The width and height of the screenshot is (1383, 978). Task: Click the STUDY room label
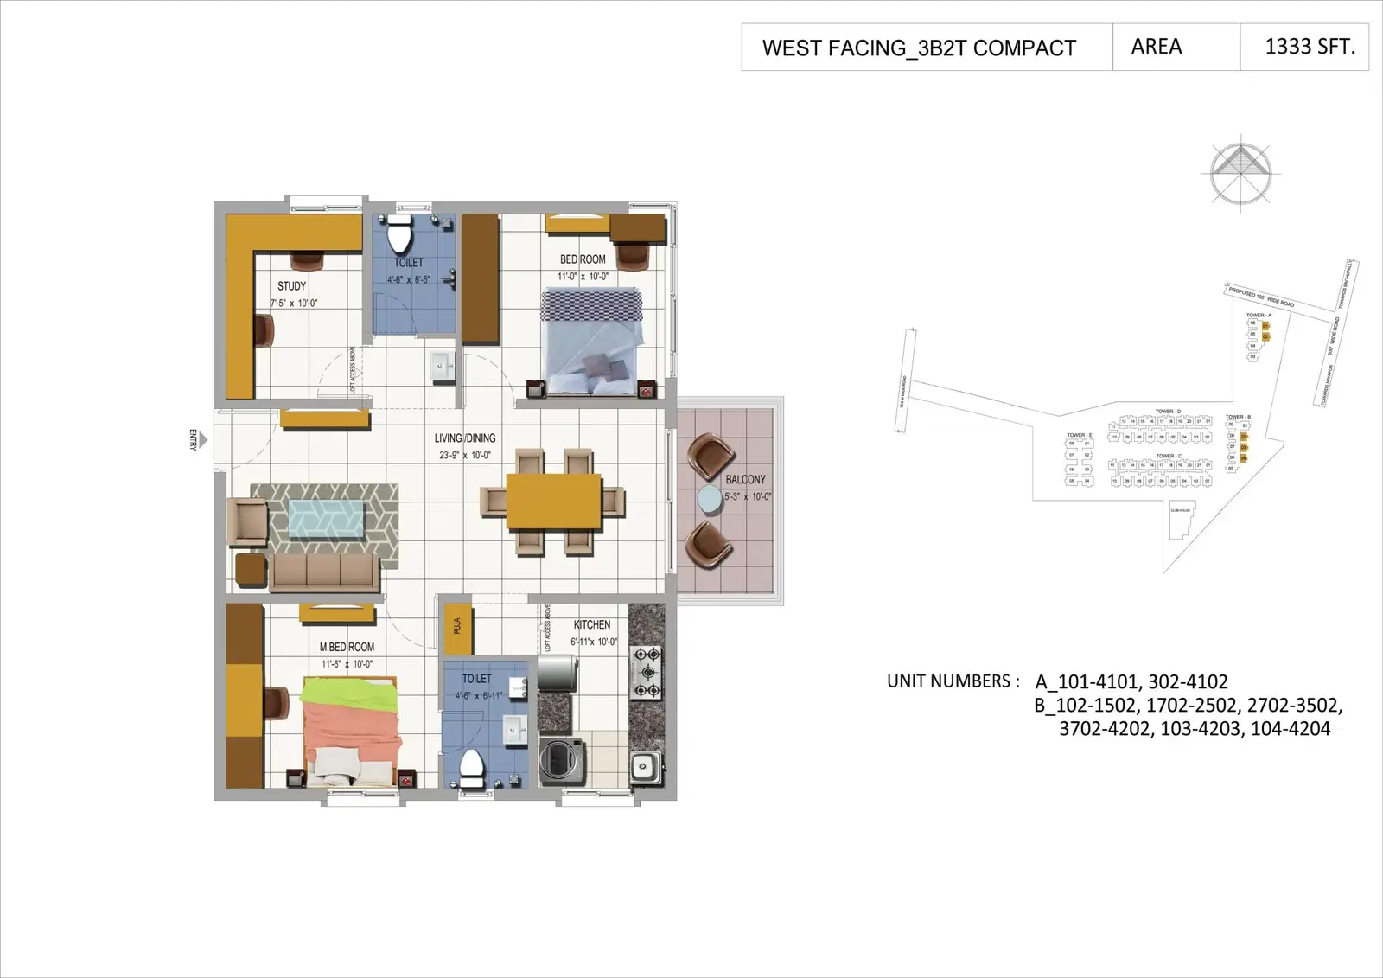(x=291, y=285)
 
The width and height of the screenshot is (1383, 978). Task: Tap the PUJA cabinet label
(x=456, y=625)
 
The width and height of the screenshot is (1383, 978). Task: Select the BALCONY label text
(x=745, y=479)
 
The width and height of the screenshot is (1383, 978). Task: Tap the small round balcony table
(x=709, y=501)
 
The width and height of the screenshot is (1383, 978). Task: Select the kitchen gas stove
(x=646, y=671)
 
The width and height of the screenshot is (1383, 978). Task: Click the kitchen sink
(x=644, y=766)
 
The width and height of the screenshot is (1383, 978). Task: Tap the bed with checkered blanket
(x=593, y=339)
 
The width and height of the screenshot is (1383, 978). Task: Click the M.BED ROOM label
(x=347, y=647)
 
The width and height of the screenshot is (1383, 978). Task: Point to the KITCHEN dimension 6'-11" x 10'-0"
(x=594, y=642)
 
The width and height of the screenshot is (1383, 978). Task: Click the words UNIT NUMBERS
(x=948, y=681)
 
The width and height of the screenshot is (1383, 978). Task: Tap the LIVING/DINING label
(x=465, y=438)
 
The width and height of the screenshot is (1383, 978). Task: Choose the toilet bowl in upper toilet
(x=399, y=233)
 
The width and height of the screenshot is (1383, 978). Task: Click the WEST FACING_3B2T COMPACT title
(x=919, y=48)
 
